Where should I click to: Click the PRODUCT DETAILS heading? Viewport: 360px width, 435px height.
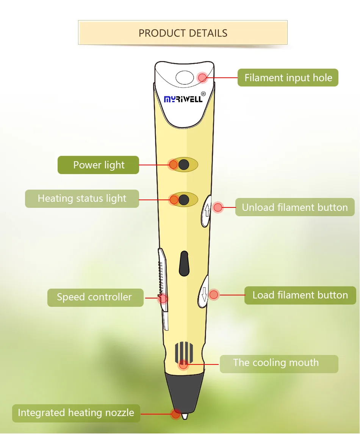point(183,33)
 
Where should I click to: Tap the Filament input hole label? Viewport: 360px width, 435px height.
point(288,78)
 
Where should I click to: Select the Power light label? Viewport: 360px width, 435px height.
point(99,165)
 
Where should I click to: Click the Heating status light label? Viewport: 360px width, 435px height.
point(82,198)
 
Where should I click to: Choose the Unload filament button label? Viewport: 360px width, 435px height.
point(294,207)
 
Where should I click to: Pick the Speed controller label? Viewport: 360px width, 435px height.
point(94,297)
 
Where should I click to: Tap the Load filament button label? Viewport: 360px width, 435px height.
point(300,295)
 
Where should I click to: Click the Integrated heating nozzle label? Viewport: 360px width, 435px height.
point(76,413)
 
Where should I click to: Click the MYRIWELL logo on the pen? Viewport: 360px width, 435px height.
point(183,99)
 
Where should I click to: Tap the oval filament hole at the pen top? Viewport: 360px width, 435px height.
point(185,78)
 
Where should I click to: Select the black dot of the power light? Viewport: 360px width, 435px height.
point(184,164)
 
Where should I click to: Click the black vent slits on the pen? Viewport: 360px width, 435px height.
point(184,352)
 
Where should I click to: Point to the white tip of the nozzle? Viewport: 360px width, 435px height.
point(185,416)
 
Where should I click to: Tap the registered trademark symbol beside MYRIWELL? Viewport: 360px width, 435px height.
point(203,94)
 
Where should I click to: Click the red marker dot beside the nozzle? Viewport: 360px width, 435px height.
point(176,414)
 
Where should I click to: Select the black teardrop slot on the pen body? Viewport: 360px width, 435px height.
point(184,263)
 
